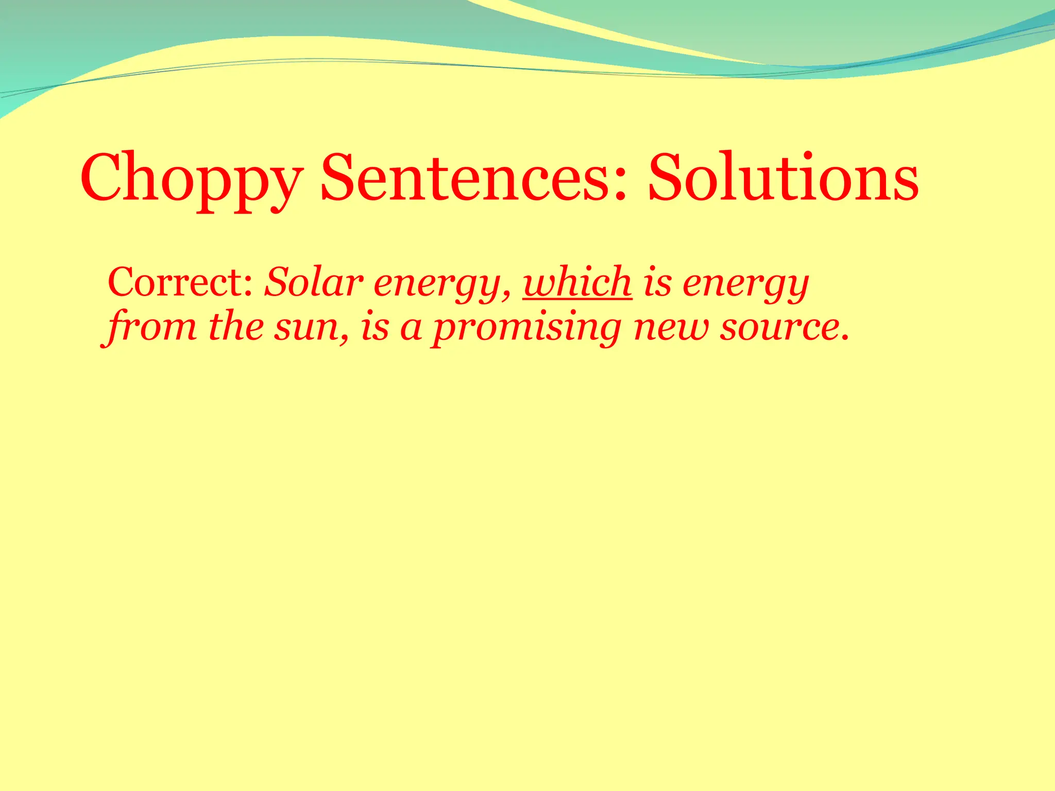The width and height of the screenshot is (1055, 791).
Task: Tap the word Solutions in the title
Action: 783,178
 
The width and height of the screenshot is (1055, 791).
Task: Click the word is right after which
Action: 657,283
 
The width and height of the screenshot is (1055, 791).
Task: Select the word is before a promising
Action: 375,328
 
